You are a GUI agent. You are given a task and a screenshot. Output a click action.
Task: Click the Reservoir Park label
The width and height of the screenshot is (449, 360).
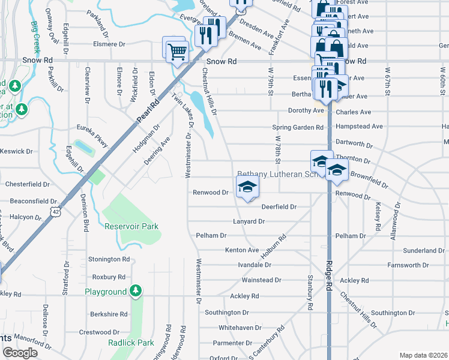[131, 226]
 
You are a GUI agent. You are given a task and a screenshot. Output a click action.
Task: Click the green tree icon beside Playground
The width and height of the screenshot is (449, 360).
[136, 292]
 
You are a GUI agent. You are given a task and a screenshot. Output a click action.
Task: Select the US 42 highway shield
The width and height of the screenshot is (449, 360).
[56, 211]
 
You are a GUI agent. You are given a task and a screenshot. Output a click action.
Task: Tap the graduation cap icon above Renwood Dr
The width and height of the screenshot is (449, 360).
[247, 187]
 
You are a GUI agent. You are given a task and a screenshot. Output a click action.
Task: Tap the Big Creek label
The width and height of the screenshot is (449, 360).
[35, 37]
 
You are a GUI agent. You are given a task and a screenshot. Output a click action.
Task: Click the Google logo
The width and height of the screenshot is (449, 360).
[20, 352]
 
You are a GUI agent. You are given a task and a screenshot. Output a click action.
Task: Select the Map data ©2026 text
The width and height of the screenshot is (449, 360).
[423, 355]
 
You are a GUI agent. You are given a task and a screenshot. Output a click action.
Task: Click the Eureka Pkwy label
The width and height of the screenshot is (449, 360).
[92, 136]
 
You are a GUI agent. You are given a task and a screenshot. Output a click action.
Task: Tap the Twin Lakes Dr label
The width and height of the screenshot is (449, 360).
[184, 109]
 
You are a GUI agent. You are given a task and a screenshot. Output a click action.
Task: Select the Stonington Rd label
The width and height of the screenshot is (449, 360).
[109, 259]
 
